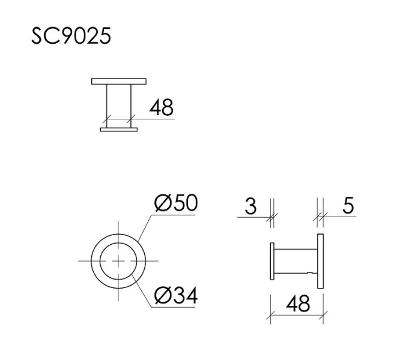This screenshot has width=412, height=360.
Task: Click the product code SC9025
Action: click(71, 36)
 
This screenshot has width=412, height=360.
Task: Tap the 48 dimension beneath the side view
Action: click(297, 304)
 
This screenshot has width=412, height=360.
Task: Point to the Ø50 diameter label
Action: click(175, 204)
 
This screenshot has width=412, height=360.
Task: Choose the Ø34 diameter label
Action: click(175, 295)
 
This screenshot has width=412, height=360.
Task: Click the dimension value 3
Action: click(251, 206)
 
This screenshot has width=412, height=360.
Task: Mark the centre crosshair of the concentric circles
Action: click(118, 261)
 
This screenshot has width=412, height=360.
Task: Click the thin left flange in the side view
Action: click(273, 261)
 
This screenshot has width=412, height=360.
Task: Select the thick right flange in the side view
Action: click(321, 261)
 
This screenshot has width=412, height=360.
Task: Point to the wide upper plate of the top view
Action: click(118, 80)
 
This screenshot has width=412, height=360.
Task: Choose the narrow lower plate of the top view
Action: click(118, 129)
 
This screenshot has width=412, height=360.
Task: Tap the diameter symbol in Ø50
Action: click(162, 204)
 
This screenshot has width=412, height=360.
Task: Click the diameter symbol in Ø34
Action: click(162, 295)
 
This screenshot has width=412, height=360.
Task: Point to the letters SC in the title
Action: click(46, 36)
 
